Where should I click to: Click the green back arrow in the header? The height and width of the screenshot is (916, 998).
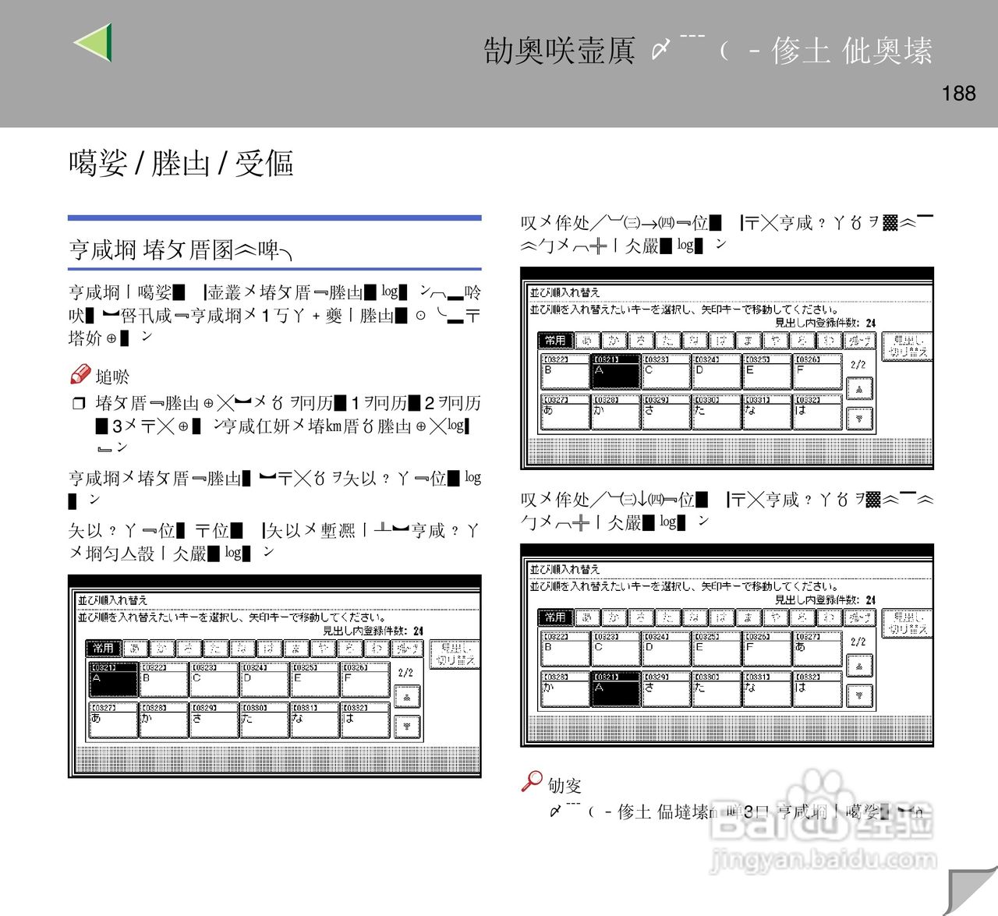tap(94, 42)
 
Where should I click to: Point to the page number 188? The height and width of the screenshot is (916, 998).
tap(958, 94)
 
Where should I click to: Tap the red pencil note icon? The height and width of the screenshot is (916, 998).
tap(80, 375)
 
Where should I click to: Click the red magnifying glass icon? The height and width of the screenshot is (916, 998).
tap(532, 781)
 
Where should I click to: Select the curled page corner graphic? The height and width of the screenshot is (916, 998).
tap(970, 889)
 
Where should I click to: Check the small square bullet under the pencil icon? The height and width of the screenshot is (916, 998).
tap(78, 403)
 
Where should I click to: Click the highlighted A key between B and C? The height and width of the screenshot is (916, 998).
tap(615, 372)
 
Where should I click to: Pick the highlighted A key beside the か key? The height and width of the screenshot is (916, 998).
tap(615, 689)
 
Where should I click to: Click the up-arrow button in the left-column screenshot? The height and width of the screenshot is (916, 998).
tap(407, 696)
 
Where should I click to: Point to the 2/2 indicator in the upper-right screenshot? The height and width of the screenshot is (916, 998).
tap(858, 364)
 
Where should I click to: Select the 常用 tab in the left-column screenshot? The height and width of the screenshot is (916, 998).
tap(103, 648)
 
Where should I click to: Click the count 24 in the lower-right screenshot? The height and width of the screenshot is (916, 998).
tap(870, 599)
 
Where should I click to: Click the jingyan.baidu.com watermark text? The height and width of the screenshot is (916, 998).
tap(823, 861)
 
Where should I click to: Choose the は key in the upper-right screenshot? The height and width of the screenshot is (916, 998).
tap(817, 412)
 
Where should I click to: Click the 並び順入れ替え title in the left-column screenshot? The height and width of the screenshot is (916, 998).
tap(112, 600)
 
